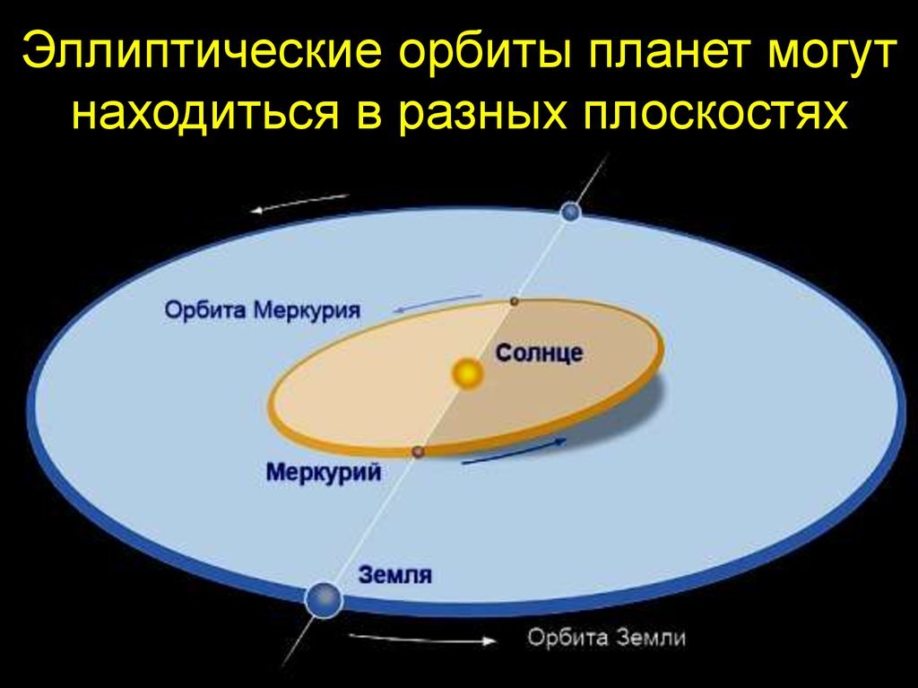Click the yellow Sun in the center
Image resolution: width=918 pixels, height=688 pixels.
[x=468, y=373]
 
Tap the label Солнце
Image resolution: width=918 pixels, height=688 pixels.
[x=539, y=353]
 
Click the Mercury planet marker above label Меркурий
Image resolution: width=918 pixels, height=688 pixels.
[x=418, y=452]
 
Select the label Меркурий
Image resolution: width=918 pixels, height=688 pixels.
[x=323, y=472]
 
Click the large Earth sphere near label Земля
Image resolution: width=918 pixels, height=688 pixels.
[x=323, y=599]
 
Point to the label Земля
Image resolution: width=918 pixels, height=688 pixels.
[x=395, y=575]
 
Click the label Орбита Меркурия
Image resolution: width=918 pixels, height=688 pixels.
[x=263, y=309]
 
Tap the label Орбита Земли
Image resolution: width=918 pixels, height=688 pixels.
[x=606, y=637]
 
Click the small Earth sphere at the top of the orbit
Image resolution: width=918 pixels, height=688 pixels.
[x=570, y=212]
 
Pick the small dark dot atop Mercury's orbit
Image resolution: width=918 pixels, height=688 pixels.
[x=514, y=301]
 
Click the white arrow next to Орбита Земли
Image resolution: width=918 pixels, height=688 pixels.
[x=421, y=640]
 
